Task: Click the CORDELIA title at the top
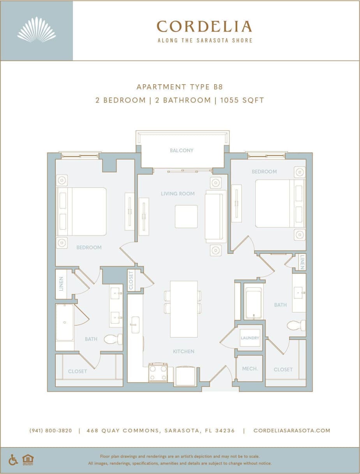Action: coord(204,27)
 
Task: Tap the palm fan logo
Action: coord(37,30)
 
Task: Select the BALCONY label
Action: coord(182,150)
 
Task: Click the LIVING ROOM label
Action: coord(178,193)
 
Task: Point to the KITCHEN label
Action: coord(184,351)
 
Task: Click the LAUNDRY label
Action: coord(250,338)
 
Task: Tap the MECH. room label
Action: coord(250,368)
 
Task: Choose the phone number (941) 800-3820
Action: coord(51,431)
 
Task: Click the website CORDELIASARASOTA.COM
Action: coord(292,431)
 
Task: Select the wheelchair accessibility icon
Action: coord(13,460)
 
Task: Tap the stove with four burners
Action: coord(158,372)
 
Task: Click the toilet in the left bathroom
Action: coord(113,339)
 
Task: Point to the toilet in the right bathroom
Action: coord(296,325)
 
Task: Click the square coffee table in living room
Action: coord(186,216)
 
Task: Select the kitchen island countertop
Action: coord(184,309)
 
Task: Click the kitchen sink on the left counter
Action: coord(135,325)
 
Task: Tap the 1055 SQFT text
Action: coord(242,100)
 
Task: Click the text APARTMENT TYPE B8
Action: coord(180,87)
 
